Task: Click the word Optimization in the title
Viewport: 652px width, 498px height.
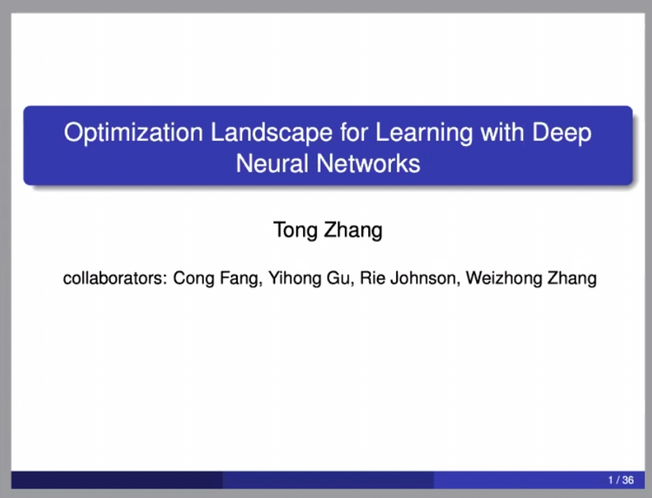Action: point(133,133)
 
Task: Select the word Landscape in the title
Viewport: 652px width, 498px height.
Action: point(271,132)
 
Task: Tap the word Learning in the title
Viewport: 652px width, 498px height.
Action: point(424,133)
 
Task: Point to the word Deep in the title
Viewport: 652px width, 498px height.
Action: point(561,133)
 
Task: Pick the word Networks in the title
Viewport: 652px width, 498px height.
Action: point(368,163)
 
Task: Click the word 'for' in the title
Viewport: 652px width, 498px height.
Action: point(354,132)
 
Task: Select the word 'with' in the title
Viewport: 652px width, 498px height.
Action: point(502,132)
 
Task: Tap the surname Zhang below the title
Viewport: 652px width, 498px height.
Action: point(353,230)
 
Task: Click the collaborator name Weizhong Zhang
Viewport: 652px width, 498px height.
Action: point(532,279)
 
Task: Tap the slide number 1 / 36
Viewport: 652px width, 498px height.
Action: point(620,480)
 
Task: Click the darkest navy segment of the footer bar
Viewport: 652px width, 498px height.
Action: point(117,480)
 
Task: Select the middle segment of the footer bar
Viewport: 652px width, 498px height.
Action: point(329,480)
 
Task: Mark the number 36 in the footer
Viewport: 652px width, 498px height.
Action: point(628,480)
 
